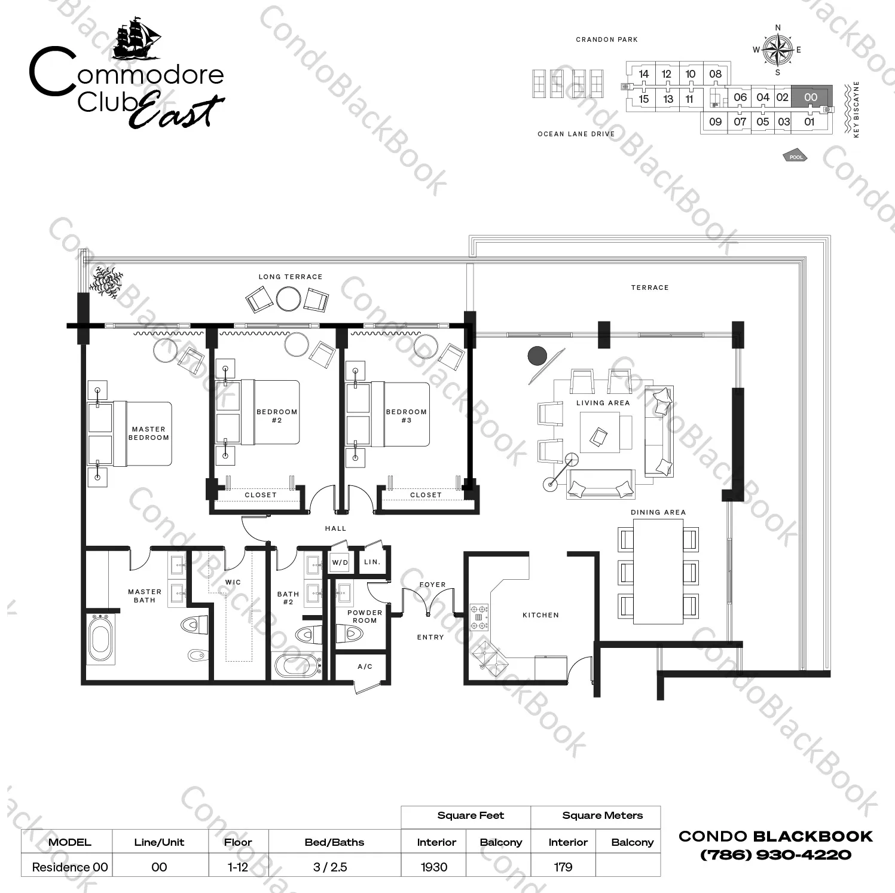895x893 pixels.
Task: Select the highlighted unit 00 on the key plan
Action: pos(811,97)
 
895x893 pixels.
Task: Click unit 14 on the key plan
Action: pos(643,74)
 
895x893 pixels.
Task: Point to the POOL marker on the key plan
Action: pos(796,157)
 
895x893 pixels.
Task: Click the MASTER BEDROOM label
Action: pos(148,433)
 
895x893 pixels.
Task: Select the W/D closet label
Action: pos(340,562)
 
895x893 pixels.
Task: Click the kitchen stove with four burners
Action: pos(479,617)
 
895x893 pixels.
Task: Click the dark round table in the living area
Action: pos(537,356)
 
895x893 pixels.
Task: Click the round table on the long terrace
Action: pos(289,299)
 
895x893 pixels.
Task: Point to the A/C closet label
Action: pos(365,666)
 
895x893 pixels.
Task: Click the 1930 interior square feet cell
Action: pos(434,867)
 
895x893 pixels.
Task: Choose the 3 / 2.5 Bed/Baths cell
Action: pos(330,867)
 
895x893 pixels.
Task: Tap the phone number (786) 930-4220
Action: pos(775,855)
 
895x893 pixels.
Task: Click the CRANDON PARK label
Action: pos(607,39)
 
